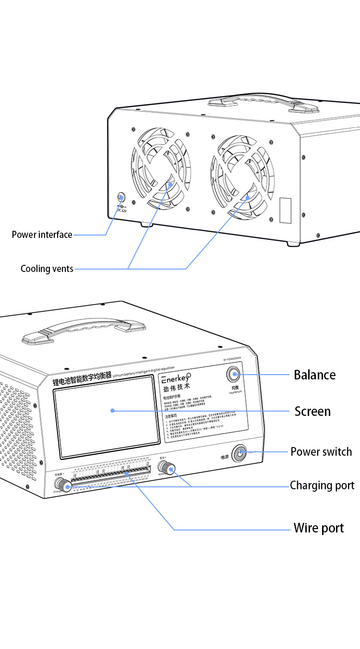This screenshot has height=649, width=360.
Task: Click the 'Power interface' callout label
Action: click(x=42, y=235)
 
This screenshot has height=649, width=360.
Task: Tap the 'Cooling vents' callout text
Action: click(x=47, y=269)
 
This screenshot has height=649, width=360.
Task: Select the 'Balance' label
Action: click(x=314, y=375)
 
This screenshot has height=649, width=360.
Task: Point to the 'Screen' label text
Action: click(x=312, y=412)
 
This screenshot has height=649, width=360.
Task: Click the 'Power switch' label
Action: click(x=321, y=452)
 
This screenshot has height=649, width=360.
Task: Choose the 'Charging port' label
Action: click(x=322, y=485)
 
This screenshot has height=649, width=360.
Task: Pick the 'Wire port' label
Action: click(x=319, y=528)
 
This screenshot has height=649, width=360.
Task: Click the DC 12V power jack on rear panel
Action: click(x=121, y=197)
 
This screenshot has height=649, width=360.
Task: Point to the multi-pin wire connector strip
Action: click(x=110, y=475)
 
